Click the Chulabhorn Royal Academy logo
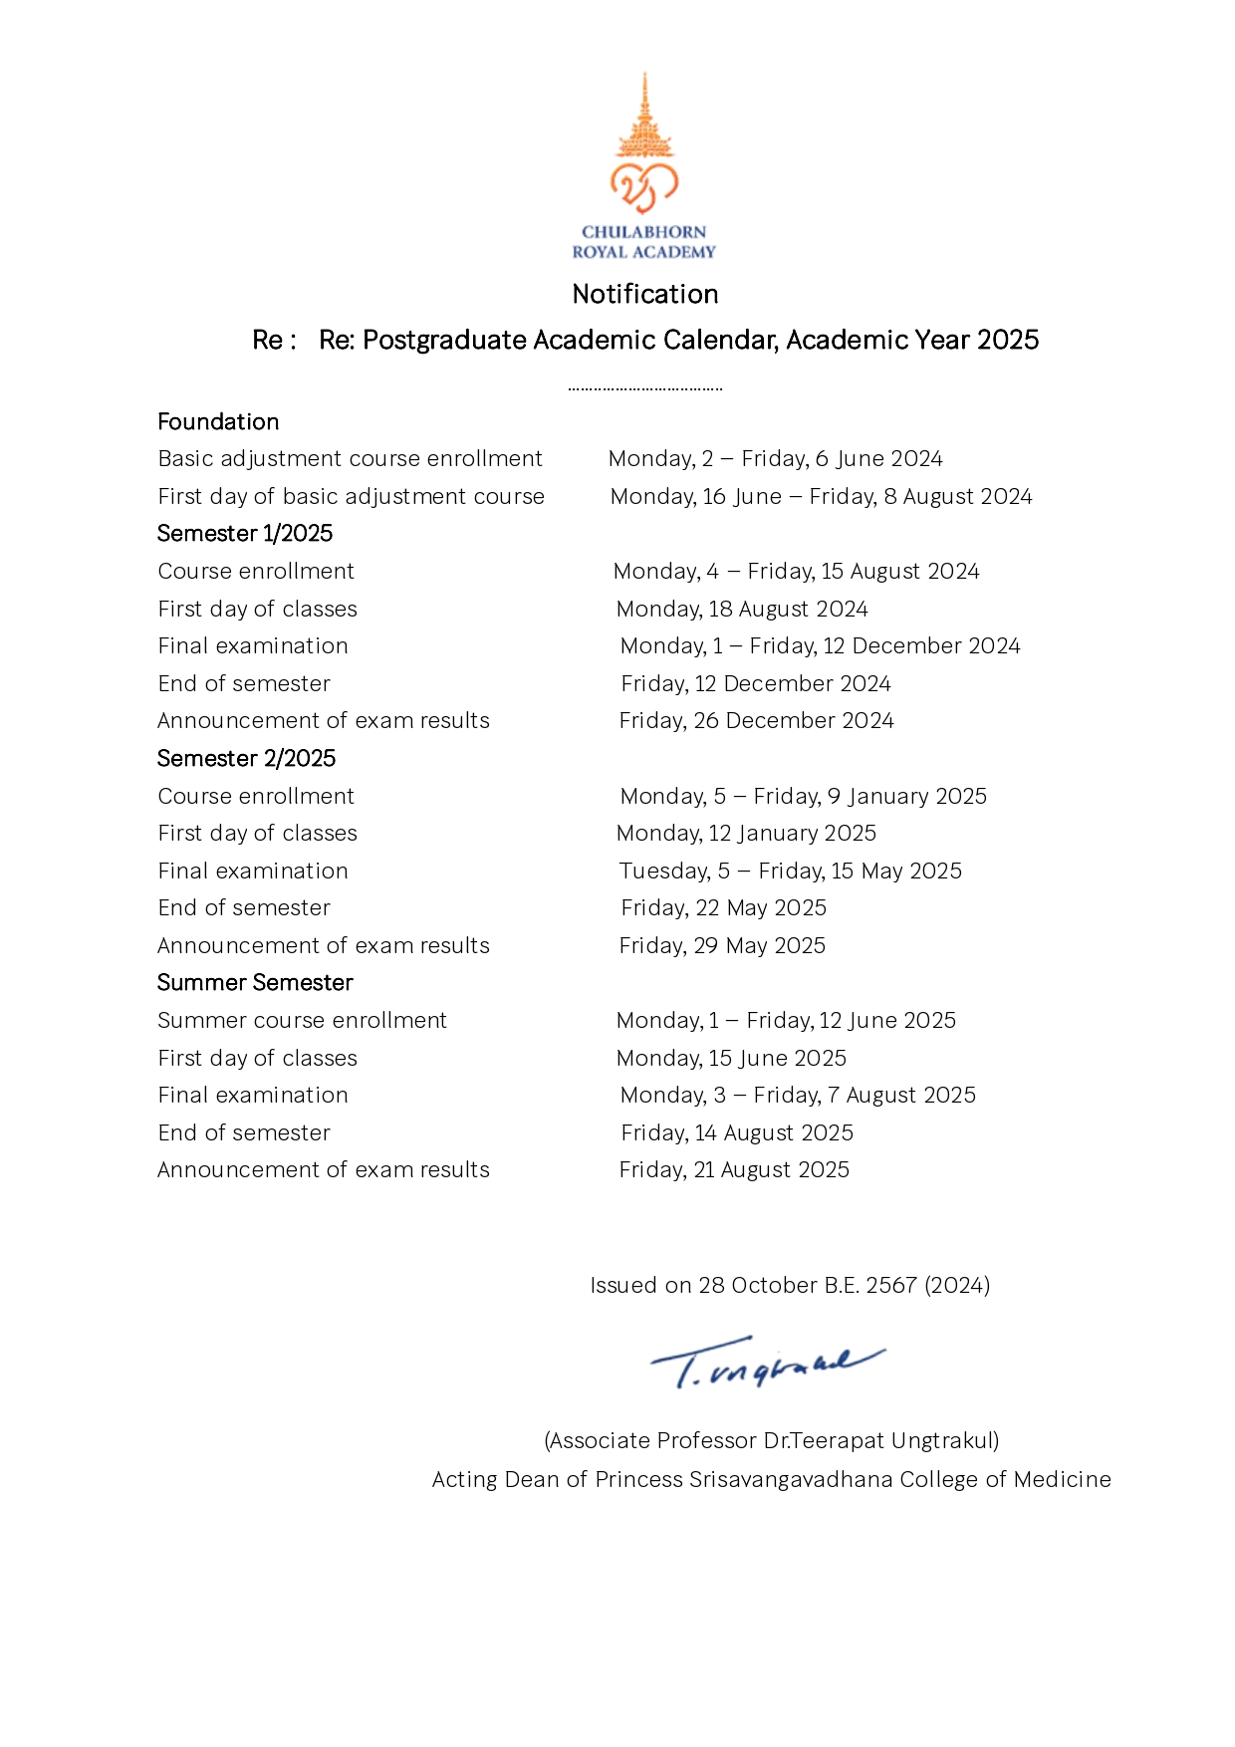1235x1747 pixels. click(x=644, y=166)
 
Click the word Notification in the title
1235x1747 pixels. click(x=645, y=294)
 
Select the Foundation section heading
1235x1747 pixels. click(x=218, y=421)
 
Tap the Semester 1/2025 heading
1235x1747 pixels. click(x=245, y=534)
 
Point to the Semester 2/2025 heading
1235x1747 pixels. click(x=246, y=758)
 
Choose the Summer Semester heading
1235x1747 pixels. click(x=255, y=983)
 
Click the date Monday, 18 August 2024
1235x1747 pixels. click(x=742, y=609)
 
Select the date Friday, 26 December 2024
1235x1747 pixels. click(x=756, y=721)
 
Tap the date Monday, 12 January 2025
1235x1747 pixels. click(x=746, y=833)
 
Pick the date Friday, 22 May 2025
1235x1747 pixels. click(x=723, y=908)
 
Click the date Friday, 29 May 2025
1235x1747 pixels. click(x=722, y=945)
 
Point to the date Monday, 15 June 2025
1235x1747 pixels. click(x=731, y=1058)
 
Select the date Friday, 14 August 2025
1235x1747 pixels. click(x=737, y=1132)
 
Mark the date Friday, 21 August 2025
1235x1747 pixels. click(x=734, y=1170)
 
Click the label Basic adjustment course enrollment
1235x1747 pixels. click(x=350, y=459)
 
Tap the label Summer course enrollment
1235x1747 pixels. click(x=302, y=1021)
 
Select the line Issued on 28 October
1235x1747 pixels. click(x=790, y=1285)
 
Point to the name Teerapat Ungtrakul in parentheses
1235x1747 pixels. click(x=772, y=1440)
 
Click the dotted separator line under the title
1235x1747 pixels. click(x=645, y=388)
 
